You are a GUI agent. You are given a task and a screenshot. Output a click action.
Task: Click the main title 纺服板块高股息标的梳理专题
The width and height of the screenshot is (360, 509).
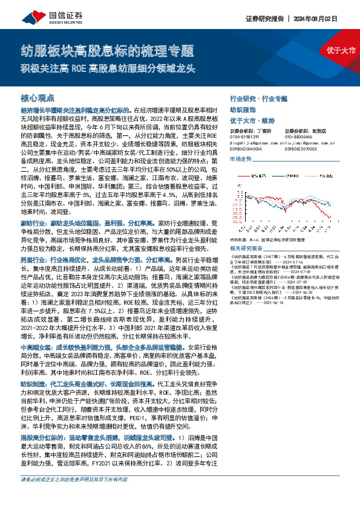click(x=107, y=50)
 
